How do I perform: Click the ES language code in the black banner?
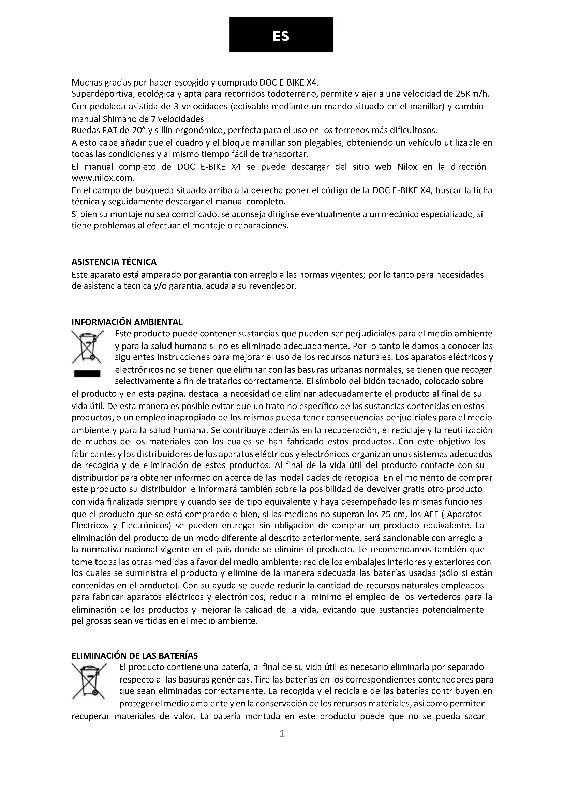point(281,36)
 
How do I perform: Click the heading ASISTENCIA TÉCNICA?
point(114,262)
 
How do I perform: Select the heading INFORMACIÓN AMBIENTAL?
point(127,322)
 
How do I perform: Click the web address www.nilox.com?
point(102,178)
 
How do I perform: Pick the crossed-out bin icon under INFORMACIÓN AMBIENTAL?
point(87,347)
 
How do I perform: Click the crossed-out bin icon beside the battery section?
point(88,681)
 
